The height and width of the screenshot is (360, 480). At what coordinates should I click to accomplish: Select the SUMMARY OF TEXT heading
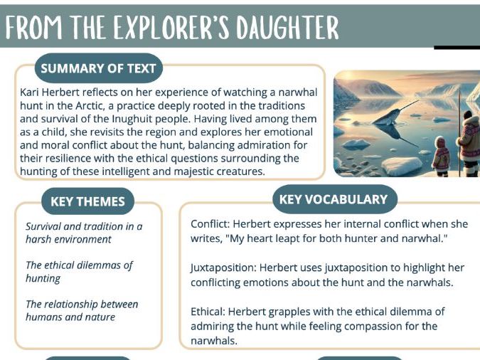[x=99, y=69]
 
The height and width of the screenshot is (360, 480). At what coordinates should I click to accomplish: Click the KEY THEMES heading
[x=87, y=201]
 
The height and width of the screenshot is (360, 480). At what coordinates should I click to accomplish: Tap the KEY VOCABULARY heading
[x=334, y=199]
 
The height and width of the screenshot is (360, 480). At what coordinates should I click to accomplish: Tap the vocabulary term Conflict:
[x=212, y=224]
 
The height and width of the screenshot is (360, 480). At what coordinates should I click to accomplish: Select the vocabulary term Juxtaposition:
[x=223, y=268]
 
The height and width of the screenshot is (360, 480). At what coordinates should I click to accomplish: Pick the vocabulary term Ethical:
[x=210, y=312]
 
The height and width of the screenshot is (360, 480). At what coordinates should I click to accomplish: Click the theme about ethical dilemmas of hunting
[x=79, y=272]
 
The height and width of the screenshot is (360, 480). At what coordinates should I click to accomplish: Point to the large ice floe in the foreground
[x=402, y=165]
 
